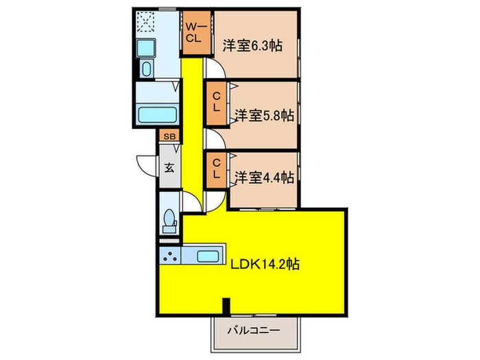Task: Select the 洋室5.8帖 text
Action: click(264, 115)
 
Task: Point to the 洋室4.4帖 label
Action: click(264, 178)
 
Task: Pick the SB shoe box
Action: click(170, 136)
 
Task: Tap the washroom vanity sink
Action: click(145, 69)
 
